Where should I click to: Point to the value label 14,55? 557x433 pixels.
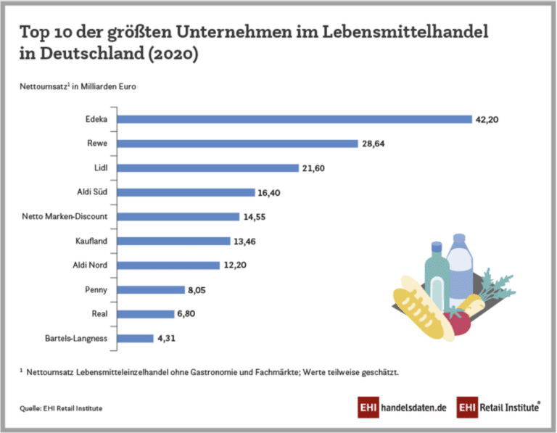(x=257, y=217)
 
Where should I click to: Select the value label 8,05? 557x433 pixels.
(x=202, y=289)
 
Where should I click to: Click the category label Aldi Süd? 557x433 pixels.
(x=91, y=192)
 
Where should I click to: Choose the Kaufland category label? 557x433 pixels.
(x=91, y=241)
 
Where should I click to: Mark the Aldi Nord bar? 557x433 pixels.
(x=168, y=265)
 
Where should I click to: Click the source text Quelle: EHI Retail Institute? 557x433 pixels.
(x=61, y=408)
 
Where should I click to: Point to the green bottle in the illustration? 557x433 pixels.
(x=435, y=276)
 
